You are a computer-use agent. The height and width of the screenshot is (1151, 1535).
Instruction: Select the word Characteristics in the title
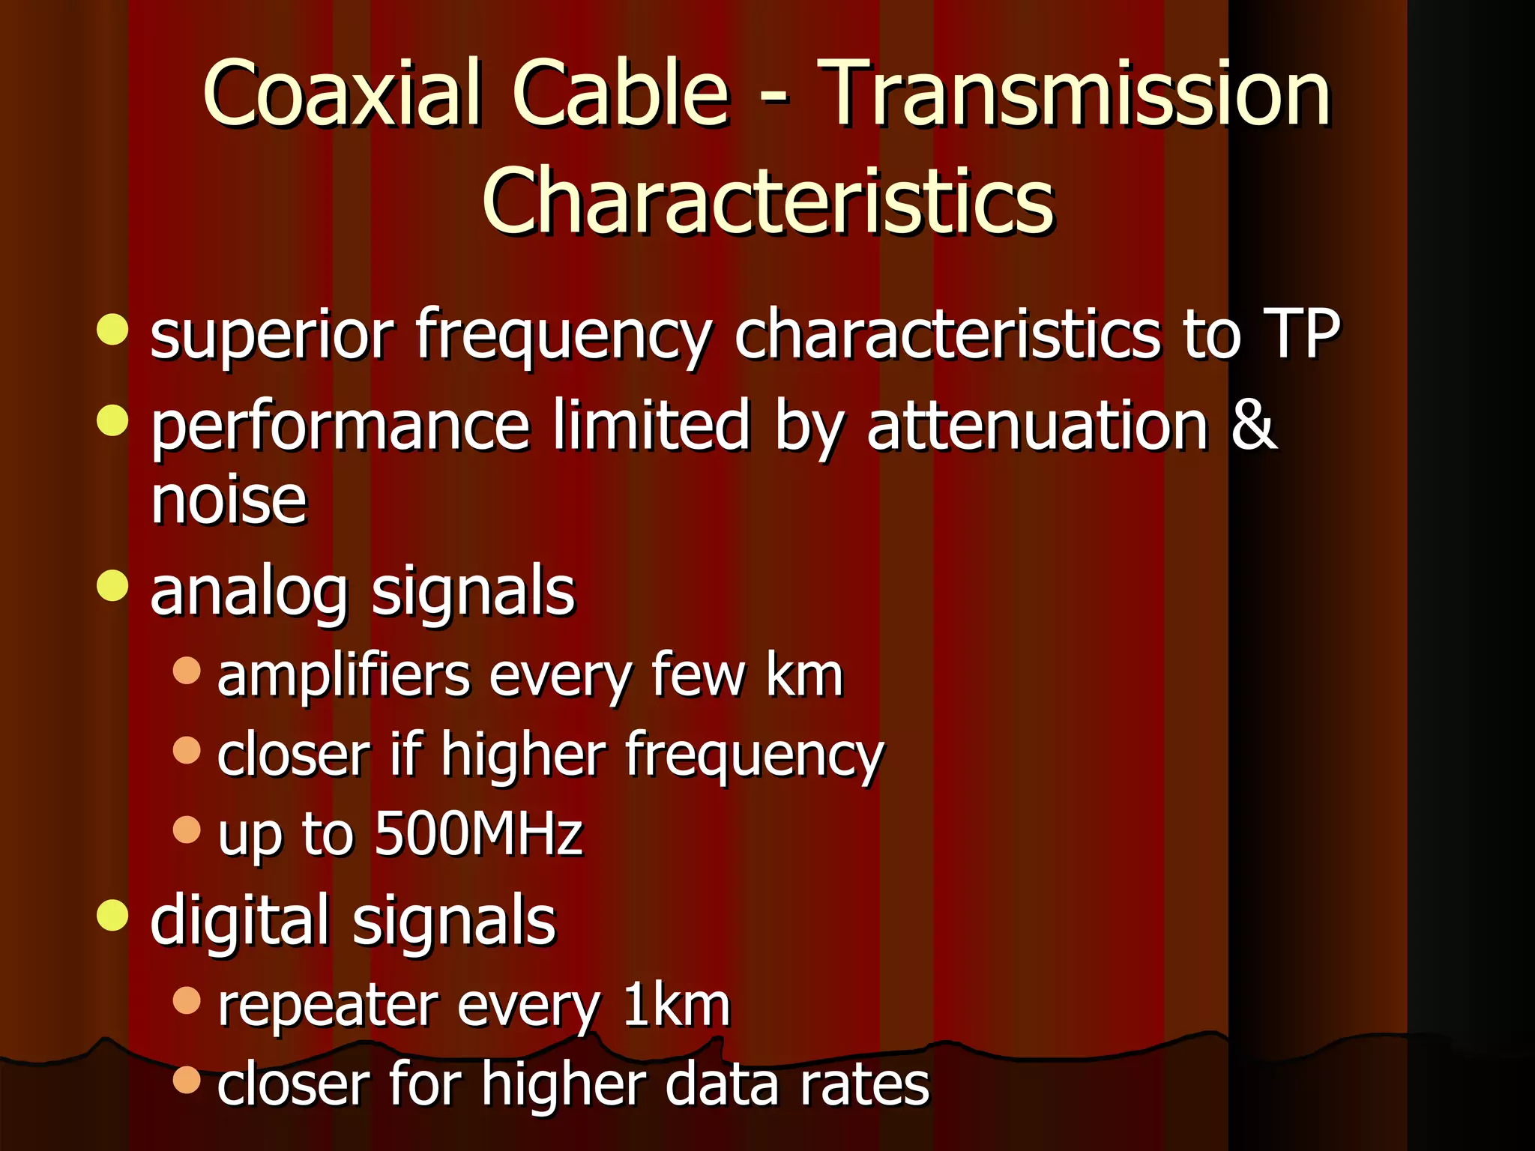(x=767, y=201)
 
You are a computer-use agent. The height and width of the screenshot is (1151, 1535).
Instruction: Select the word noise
(x=229, y=501)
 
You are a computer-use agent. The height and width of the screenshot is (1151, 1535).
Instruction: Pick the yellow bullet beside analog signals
(x=112, y=584)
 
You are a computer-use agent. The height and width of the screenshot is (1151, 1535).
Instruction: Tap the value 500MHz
(x=478, y=833)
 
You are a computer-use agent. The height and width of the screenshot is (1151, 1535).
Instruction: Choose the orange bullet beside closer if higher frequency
(x=187, y=750)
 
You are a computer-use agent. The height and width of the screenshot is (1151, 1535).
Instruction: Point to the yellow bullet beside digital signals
(x=112, y=915)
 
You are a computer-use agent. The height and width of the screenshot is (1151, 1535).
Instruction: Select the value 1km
(x=676, y=1005)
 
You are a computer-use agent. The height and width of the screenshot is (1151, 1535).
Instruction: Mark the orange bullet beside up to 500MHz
(x=187, y=830)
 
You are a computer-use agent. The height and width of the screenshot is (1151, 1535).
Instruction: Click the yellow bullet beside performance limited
(x=112, y=420)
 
